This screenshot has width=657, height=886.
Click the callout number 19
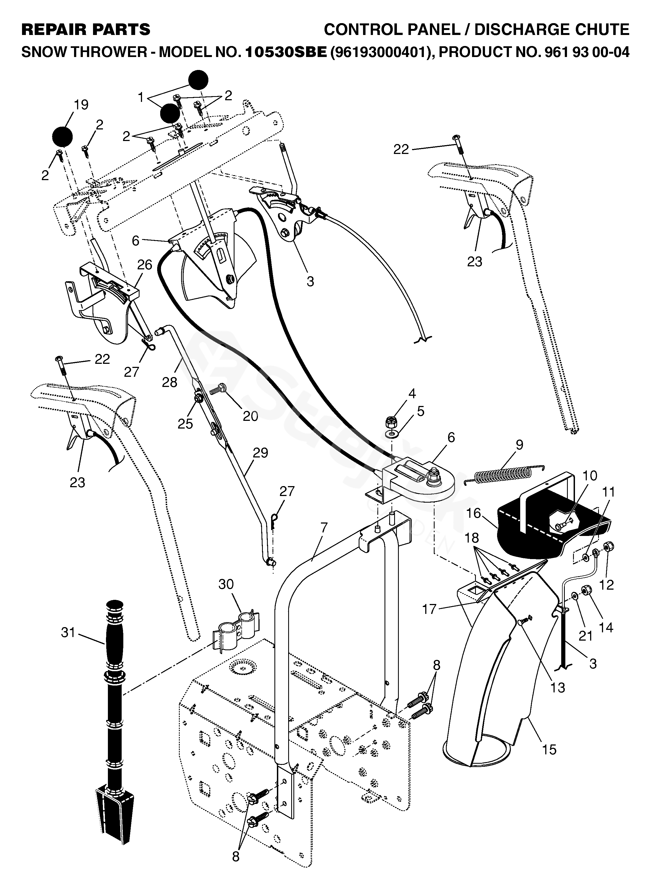(81, 105)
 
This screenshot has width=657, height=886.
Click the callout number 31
(68, 632)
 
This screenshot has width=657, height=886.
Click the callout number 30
(226, 584)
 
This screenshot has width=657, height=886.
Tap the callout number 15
(549, 750)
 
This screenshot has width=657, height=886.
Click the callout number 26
(145, 265)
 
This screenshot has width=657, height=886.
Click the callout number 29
(260, 453)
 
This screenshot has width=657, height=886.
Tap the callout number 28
(170, 382)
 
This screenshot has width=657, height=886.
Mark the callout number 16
(474, 513)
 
